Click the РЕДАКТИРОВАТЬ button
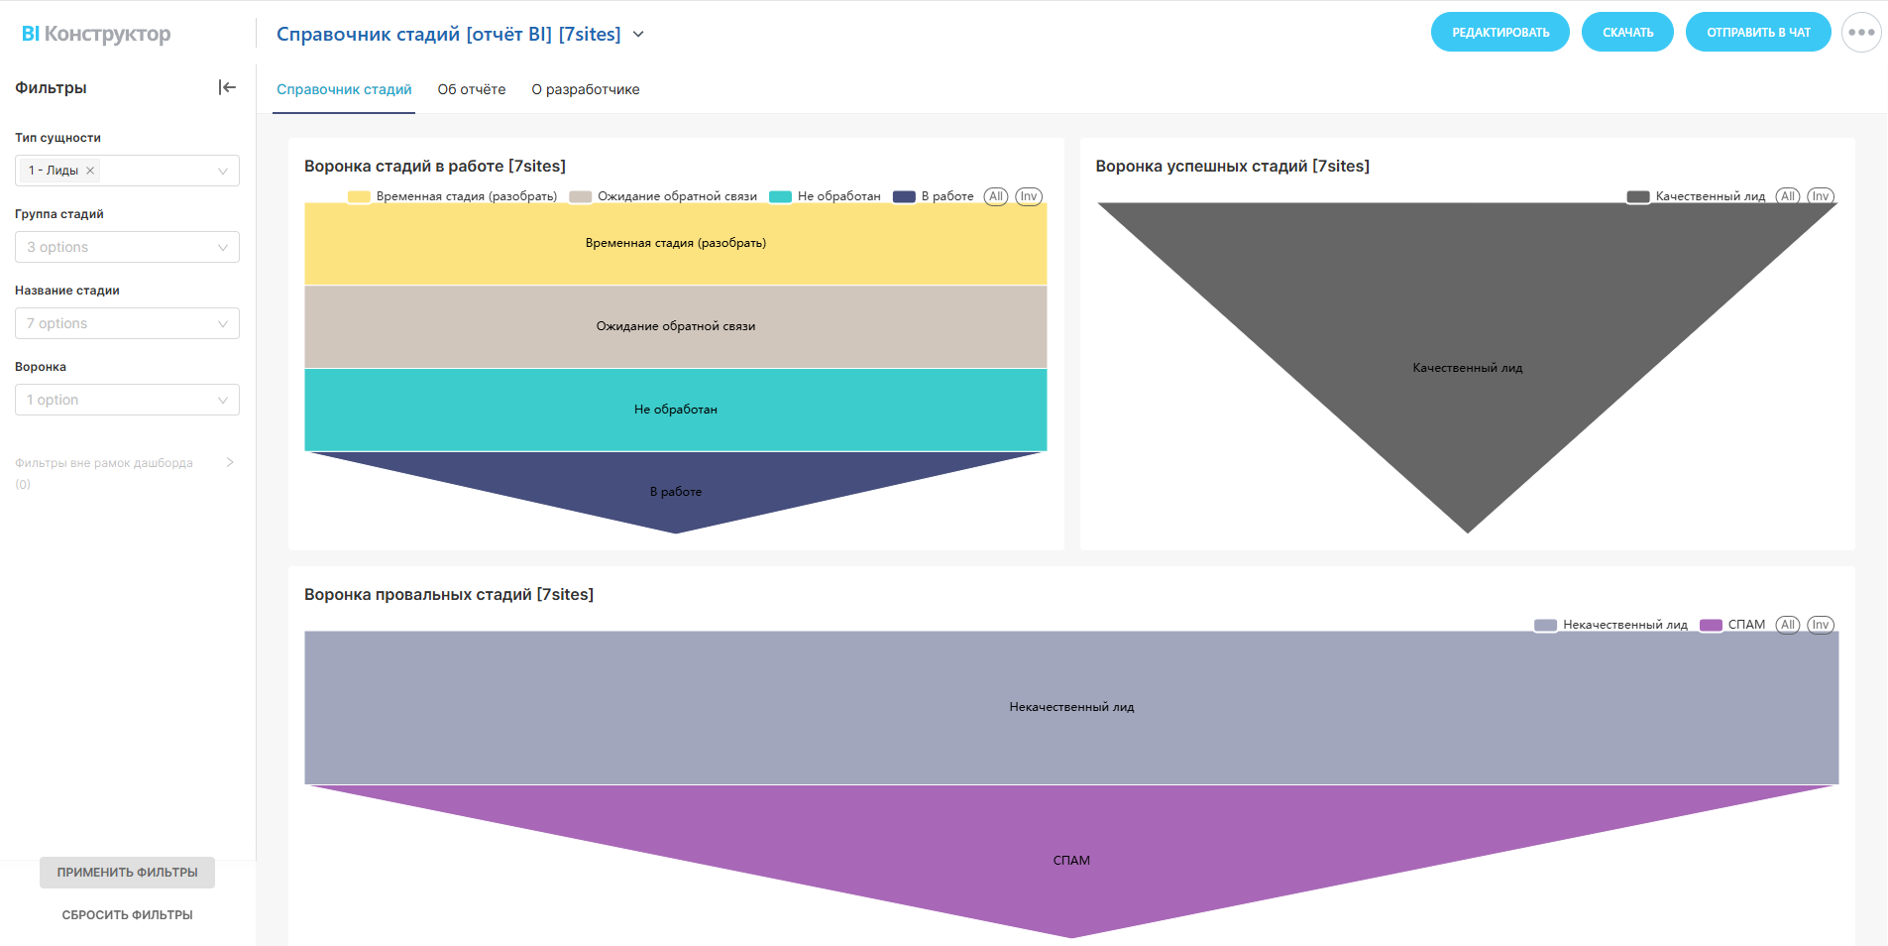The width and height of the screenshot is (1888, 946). coord(1499,33)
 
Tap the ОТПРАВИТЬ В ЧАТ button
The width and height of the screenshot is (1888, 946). coord(1757,33)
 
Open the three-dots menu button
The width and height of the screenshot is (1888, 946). coord(1860,33)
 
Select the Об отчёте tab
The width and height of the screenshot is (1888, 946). coord(472,89)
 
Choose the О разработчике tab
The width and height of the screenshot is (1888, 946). coord(586,89)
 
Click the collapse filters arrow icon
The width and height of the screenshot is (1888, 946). coord(227,87)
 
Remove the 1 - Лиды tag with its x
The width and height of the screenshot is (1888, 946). coord(90,171)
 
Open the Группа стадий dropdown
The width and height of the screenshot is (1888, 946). coord(127,247)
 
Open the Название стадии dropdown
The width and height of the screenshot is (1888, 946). coord(127,323)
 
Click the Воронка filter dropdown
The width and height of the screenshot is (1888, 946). coord(127,400)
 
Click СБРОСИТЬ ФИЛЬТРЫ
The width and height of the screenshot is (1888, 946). coord(127,914)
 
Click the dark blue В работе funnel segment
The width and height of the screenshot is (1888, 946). coord(676,492)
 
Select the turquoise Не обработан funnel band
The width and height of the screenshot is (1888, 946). coord(676,410)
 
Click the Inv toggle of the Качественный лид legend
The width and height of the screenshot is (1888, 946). coord(1821,196)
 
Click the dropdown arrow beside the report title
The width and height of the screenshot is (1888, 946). coord(638,35)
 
